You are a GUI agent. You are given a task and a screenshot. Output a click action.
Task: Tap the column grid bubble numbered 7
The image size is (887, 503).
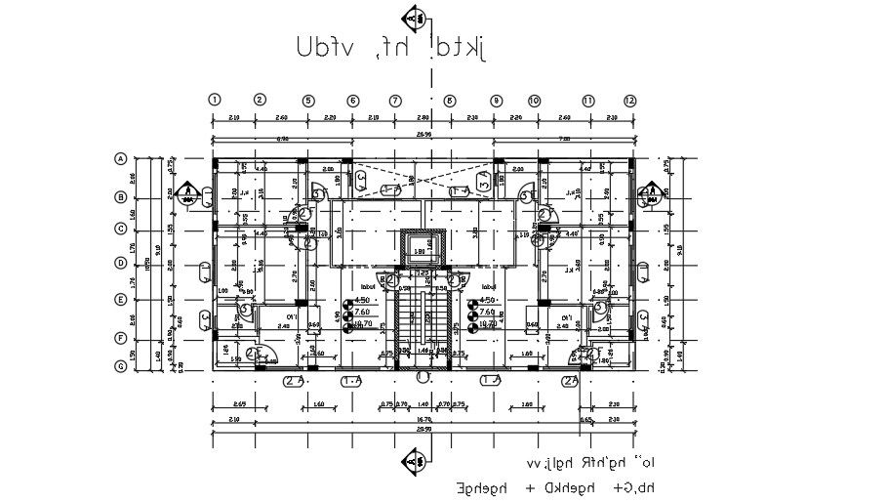395,100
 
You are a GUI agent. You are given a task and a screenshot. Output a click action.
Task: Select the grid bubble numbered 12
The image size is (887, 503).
630,100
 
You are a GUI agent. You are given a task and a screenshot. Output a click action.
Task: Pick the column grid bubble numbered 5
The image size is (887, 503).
307,100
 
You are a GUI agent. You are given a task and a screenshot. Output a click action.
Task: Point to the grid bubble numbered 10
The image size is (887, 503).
534,100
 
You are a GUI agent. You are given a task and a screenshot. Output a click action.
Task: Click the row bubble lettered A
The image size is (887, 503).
122,158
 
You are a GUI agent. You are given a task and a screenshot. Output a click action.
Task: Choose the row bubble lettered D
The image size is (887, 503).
122,263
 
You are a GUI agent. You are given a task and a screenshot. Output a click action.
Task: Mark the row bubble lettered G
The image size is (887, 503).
122,366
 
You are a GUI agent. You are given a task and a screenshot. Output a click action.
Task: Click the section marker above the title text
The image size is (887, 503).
415,16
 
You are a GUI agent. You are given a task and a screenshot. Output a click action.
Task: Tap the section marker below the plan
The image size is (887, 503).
416,459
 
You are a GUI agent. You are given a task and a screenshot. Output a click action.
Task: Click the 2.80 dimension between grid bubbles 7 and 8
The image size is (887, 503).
422,117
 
